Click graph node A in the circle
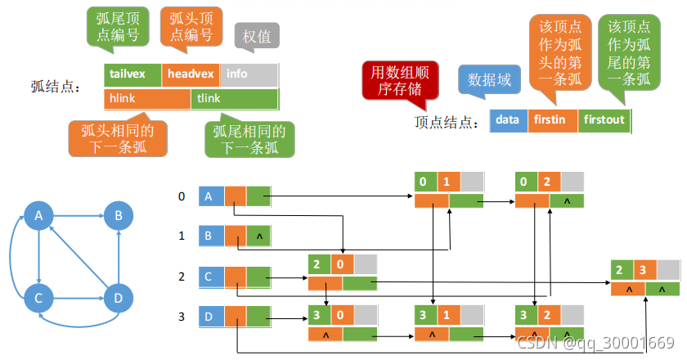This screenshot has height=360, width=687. [38, 216]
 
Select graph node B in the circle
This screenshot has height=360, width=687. [119, 216]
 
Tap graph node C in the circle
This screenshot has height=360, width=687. [38, 298]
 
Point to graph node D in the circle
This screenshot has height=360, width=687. [119, 298]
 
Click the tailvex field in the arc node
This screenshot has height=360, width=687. [132, 74]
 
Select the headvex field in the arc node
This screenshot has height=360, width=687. [190, 74]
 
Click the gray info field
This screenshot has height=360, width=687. [248, 74]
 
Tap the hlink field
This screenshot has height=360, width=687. [147, 99]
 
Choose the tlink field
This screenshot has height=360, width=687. [234, 99]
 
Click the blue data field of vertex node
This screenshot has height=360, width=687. [508, 120]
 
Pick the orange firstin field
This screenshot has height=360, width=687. [552, 120]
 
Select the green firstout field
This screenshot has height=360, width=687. [604, 120]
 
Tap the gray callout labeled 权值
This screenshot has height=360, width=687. [258, 37]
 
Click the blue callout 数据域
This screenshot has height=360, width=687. [489, 79]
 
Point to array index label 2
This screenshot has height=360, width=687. [182, 277]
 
